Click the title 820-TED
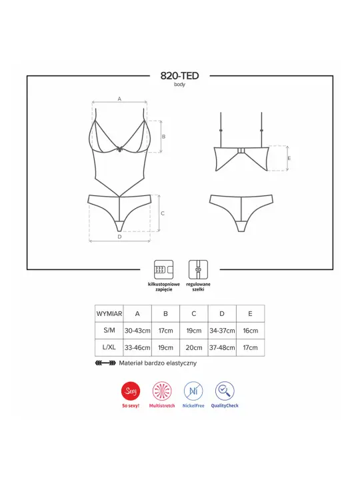tap(180, 76)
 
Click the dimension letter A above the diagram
tap(119, 99)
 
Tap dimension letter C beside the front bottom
tap(163, 213)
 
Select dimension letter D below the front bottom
tap(119, 236)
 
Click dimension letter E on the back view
tap(289, 158)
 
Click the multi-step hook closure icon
tap(163, 269)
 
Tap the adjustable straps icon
tap(197, 269)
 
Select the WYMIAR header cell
tap(109, 313)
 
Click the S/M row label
tap(109, 331)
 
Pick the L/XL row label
tap(109, 348)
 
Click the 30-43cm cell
tap(137, 331)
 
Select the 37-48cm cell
tap(221, 348)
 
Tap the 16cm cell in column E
tap(250, 331)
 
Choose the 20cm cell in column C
tap(193, 348)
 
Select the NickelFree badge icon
tap(193, 391)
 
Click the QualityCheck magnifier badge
tap(225, 391)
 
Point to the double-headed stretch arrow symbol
tap(105, 363)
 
